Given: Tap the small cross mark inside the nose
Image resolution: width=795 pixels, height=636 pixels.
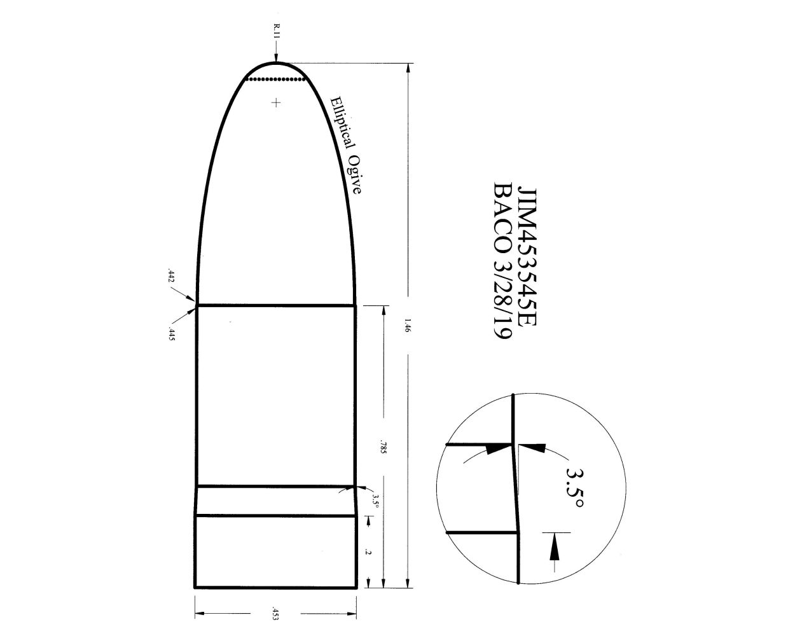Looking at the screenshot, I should pos(276,102).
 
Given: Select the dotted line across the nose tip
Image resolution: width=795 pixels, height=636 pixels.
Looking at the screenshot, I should pos(276,79).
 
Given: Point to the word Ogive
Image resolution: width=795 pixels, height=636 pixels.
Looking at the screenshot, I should pos(356,174).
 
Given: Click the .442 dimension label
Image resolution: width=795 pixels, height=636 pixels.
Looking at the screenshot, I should pos(170,275).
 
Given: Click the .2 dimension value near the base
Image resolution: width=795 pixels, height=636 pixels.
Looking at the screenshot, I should pos(368,551).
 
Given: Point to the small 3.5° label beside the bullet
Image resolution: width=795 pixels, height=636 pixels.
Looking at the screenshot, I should pos(375,501).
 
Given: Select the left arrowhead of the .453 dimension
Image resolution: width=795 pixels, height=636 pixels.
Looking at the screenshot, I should pos(199,614).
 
